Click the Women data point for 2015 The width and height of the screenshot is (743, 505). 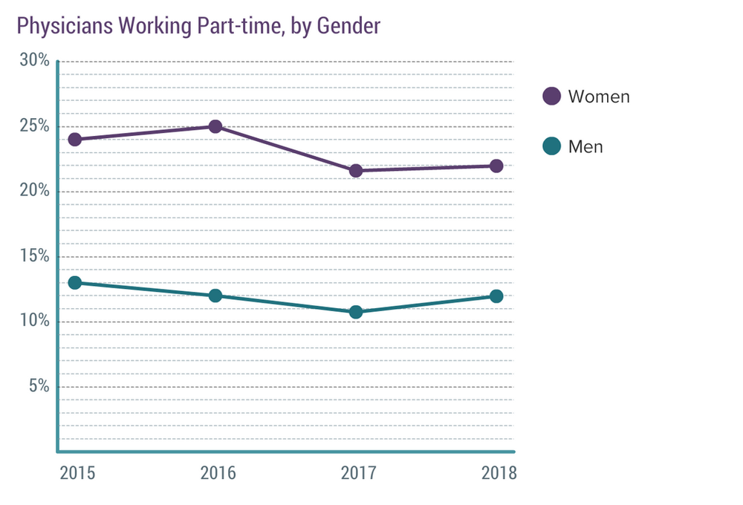[74, 140]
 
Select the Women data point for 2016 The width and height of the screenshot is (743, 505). [215, 126]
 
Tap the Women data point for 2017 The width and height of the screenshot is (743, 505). [356, 171]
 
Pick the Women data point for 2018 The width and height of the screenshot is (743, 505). [496, 166]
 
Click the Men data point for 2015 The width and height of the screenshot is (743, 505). [74, 283]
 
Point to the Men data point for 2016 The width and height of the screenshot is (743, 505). [215, 296]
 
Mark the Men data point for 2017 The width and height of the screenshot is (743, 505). [356, 312]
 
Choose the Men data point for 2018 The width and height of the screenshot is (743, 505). [496, 296]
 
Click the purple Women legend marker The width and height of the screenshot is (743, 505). [551, 97]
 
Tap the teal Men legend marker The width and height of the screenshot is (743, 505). [551, 147]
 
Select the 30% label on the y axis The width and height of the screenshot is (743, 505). [34, 61]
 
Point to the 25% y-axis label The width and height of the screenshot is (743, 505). [34, 126]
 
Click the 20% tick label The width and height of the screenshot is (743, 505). [34, 191]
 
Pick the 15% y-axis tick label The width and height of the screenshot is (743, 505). [34, 256]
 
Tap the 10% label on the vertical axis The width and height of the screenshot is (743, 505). [34, 322]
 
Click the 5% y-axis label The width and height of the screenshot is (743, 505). [38, 386]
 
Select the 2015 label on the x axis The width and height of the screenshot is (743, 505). [77, 473]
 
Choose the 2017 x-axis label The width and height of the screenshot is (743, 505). [359, 473]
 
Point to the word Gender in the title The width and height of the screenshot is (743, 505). [348, 26]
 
